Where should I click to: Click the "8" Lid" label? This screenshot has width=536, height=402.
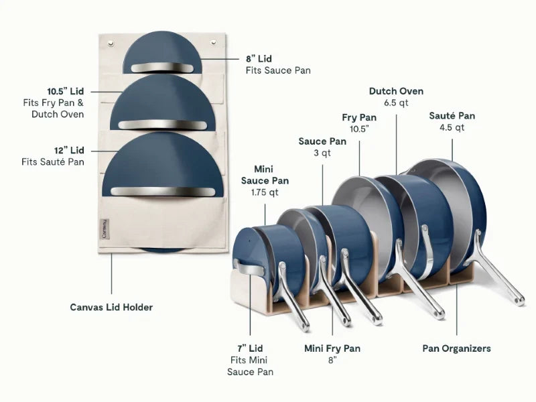tap(259, 59)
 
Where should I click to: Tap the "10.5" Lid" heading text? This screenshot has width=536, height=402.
tap(66, 91)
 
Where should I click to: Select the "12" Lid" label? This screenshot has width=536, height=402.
tap(69, 150)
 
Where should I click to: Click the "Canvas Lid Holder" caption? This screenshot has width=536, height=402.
tap(111, 307)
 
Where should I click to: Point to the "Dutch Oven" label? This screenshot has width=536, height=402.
tap(396, 91)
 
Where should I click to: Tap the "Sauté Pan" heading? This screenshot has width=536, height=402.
tap(452, 115)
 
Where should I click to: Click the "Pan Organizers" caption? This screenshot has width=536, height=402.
tap(457, 348)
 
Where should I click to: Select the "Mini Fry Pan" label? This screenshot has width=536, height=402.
tap(332, 348)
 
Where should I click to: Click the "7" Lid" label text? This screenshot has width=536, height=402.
tap(250, 348)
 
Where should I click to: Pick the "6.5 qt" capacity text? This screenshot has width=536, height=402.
tap(396, 103)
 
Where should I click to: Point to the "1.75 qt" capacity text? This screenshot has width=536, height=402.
tap(265, 192)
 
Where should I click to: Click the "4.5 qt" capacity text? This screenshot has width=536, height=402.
tap(452, 127)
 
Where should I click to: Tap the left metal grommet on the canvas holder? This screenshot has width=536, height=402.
tap(111, 43)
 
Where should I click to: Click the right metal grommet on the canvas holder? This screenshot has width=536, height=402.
tap(214, 42)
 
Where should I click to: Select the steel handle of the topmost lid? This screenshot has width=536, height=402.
tap(162, 68)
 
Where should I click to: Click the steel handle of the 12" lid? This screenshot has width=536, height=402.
tap(163, 192)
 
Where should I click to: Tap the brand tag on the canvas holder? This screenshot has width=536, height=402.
tap(105, 228)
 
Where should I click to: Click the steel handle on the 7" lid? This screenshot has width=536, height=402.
tap(249, 269)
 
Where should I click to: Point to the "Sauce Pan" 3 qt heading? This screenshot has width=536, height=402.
tap(322, 141)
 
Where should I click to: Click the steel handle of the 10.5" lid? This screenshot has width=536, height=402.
tap(162, 125)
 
